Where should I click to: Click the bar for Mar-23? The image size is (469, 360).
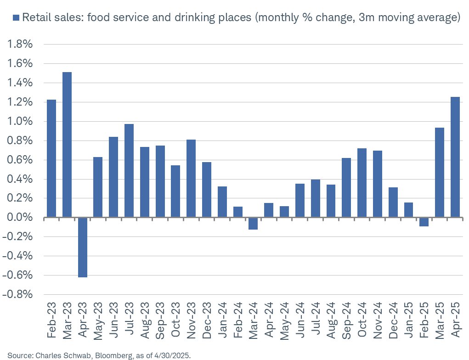pos(67,145)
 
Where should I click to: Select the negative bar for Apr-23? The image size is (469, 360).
pos(82,247)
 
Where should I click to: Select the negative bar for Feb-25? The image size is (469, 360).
pos(424,222)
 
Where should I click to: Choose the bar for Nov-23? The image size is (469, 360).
pos(191,179)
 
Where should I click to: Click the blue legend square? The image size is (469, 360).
pos(16,18)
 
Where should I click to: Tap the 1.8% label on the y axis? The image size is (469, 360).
pos(19,45)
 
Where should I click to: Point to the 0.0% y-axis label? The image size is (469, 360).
pos(19,218)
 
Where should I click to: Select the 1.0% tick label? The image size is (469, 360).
pos(19,122)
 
